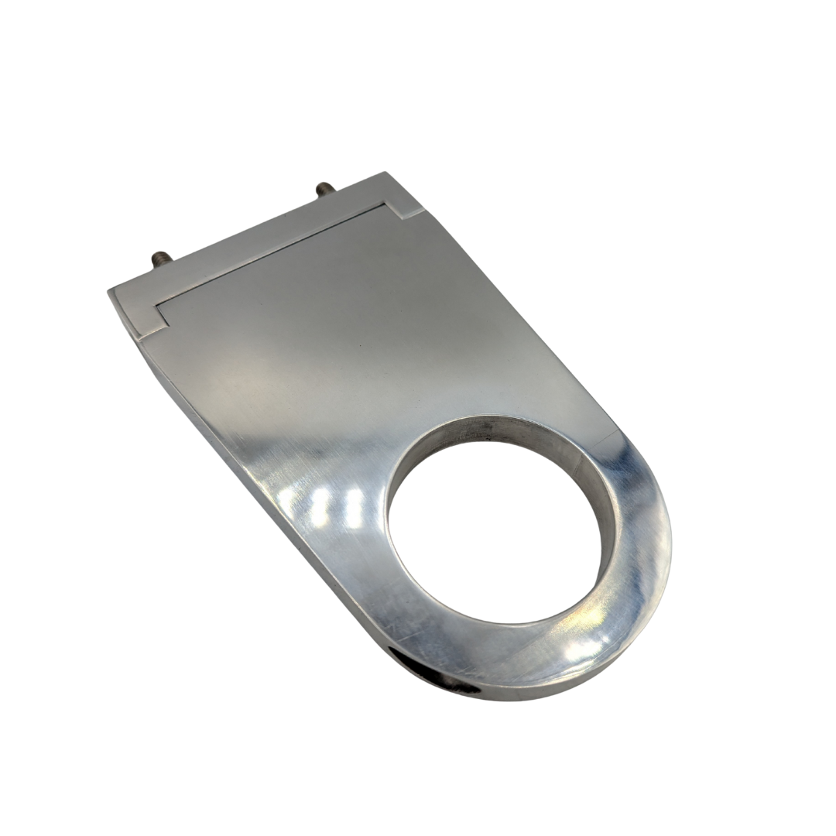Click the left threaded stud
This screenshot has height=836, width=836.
click(160, 257)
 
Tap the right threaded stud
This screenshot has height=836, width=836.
click(324, 188)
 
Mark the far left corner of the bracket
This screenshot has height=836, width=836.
click(110, 292)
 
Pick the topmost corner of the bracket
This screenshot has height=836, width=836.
click(385, 173)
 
